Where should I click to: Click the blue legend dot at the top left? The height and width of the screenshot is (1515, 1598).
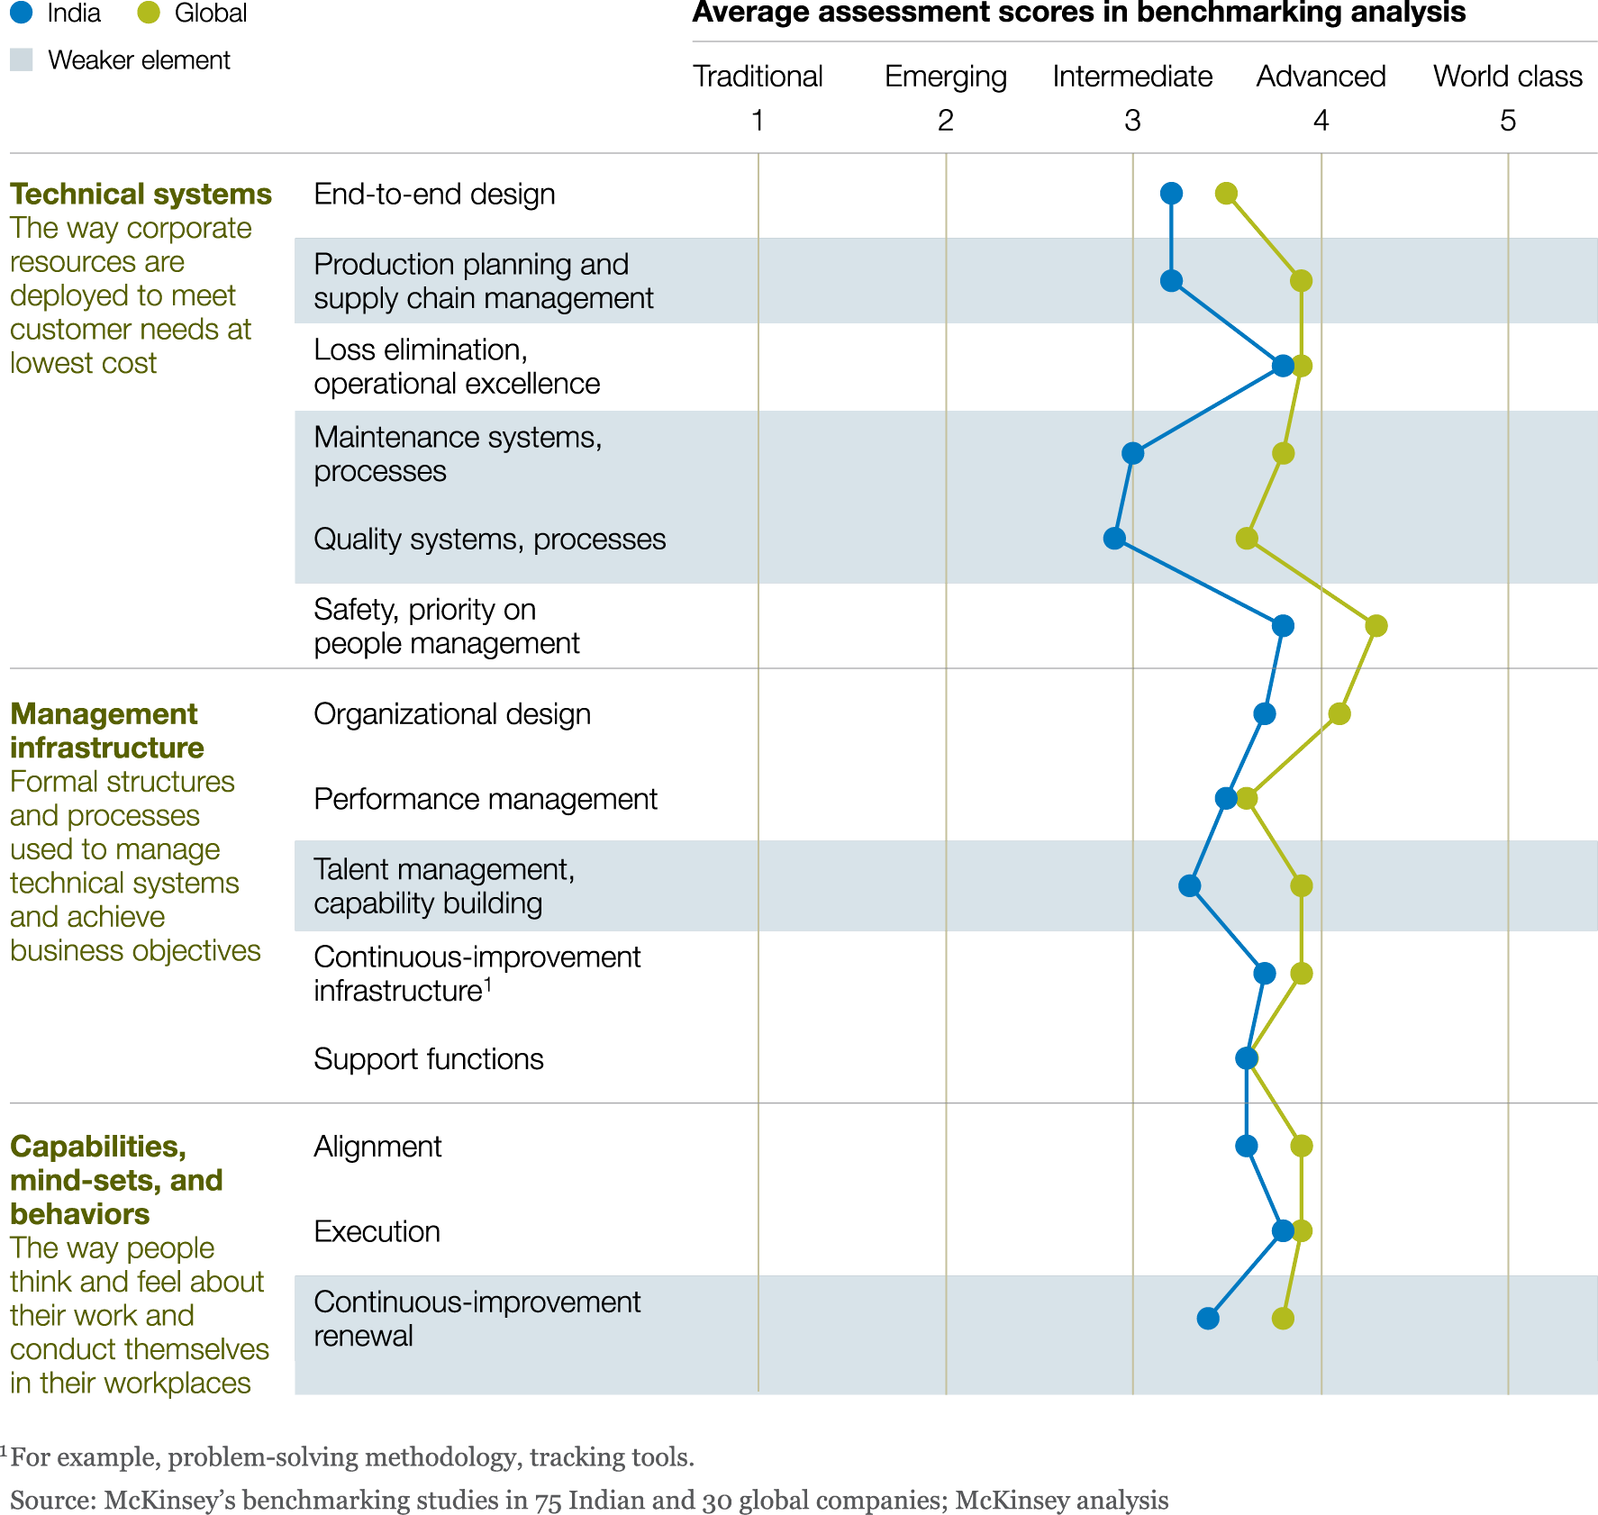(x=21, y=13)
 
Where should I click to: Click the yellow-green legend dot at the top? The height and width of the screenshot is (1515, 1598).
(x=149, y=13)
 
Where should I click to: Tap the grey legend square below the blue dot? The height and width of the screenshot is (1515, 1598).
(x=22, y=59)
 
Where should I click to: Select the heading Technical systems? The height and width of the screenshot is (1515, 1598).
(x=141, y=194)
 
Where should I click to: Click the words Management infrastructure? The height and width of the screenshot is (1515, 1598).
(x=106, y=730)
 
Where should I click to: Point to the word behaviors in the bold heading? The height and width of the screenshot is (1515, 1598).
(x=80, y=1214)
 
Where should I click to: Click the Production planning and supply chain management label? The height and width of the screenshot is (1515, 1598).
(x=483, y=281)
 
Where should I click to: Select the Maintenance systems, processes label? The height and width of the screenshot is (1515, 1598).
(x=458, y=454)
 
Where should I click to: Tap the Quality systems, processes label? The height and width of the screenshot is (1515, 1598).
(x=489, y=539)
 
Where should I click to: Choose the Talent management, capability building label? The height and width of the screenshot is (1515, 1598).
(x=443, y=886)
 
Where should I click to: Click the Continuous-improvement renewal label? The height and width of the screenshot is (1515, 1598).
(x=477, y=1319)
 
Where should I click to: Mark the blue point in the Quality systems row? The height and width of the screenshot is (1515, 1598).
(x=1114, y=539)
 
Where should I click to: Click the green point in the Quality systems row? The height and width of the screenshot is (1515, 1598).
(x=1247, y=539)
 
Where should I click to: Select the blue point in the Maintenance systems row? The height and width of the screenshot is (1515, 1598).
(x=1133, y=453)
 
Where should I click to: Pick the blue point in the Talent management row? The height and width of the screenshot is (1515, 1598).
(x=1190, y=886)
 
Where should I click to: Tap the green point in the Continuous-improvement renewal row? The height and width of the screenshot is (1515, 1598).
(x=1283, y=1319)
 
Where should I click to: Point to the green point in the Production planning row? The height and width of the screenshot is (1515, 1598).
(x=1301, y=281)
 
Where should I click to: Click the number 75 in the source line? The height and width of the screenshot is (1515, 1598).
(x=549, y=1501)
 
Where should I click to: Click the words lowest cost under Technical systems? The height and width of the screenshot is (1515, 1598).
(x=83, y=363)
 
